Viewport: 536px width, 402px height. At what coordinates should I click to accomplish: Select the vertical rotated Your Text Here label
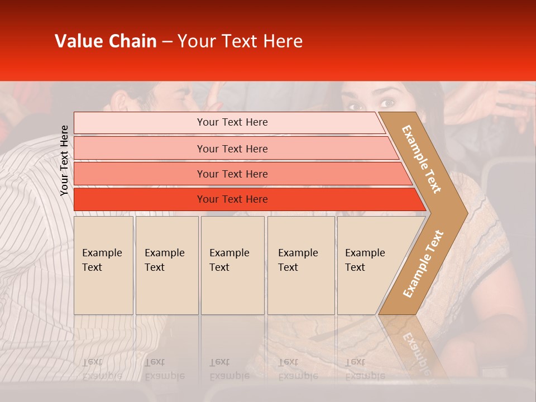[x=64, y=160]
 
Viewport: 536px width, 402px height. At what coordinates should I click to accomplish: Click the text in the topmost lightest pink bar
[x=232, y=122]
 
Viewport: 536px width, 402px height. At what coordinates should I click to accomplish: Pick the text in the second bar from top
[x=232, y=149]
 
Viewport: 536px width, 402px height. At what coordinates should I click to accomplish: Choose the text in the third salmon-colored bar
[x=232, y=174]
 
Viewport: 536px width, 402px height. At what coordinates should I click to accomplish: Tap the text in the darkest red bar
[x=232, y=199]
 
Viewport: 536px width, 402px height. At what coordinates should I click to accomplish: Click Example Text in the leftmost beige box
[x=102, y=260]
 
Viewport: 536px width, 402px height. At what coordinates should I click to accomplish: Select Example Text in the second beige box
[x=164, y=260]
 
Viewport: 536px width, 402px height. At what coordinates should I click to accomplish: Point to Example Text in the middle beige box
[x=229, y=260]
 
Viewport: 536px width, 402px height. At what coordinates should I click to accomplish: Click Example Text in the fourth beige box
[x=298, y=260]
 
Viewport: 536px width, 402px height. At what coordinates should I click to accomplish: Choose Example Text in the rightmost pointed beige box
[x=365, y=260]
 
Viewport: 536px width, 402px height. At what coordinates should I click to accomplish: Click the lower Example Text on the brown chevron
[x=423, y=264]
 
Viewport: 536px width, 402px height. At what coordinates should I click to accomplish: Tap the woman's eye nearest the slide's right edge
[x=387, y=103]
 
